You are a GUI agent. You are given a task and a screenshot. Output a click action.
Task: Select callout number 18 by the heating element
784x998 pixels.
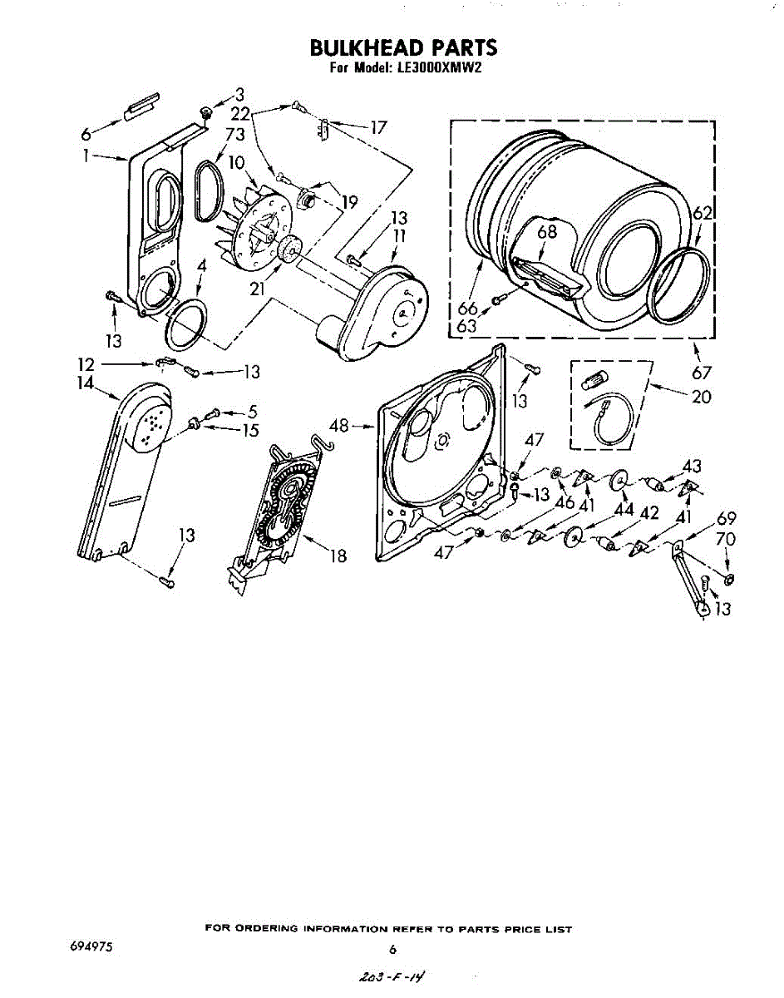coord(338,556)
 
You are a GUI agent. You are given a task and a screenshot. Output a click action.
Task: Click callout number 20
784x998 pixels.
coord(702,397)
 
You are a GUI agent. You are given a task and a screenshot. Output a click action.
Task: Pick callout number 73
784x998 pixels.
coord(234,134)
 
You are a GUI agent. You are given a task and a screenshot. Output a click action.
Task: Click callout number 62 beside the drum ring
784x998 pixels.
coord(703,214)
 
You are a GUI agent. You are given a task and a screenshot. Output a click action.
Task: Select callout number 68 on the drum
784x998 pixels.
coord(546,232)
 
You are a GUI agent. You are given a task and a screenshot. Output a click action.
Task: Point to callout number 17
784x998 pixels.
coord(378,127)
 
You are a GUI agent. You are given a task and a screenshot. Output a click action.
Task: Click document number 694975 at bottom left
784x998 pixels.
coord(92,947)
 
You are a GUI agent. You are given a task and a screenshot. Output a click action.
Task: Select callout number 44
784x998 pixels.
coord(624,508)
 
